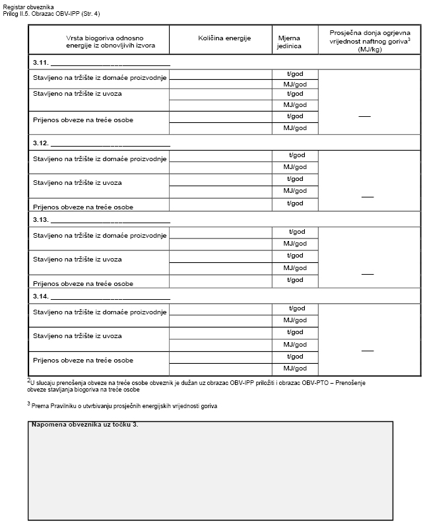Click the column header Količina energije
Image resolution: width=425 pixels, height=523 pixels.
(224, 38)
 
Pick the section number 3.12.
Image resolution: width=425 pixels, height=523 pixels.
(40, 143)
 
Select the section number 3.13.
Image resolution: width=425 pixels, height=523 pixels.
(40, 220)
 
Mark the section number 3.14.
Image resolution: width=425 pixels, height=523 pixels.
(40, 296)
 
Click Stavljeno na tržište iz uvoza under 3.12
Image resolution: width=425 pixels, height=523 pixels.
(78, 182)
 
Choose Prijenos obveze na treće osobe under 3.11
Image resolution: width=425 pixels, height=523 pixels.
(83, 121)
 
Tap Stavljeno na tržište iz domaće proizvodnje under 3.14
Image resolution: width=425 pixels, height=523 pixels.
(99, 312)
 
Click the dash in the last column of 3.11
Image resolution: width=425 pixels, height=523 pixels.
(364, 116)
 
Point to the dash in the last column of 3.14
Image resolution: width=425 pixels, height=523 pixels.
(368, 350)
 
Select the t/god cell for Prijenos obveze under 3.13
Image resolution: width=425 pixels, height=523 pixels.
(295, 279)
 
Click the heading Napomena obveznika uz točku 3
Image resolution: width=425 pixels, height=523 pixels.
(84, 423)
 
